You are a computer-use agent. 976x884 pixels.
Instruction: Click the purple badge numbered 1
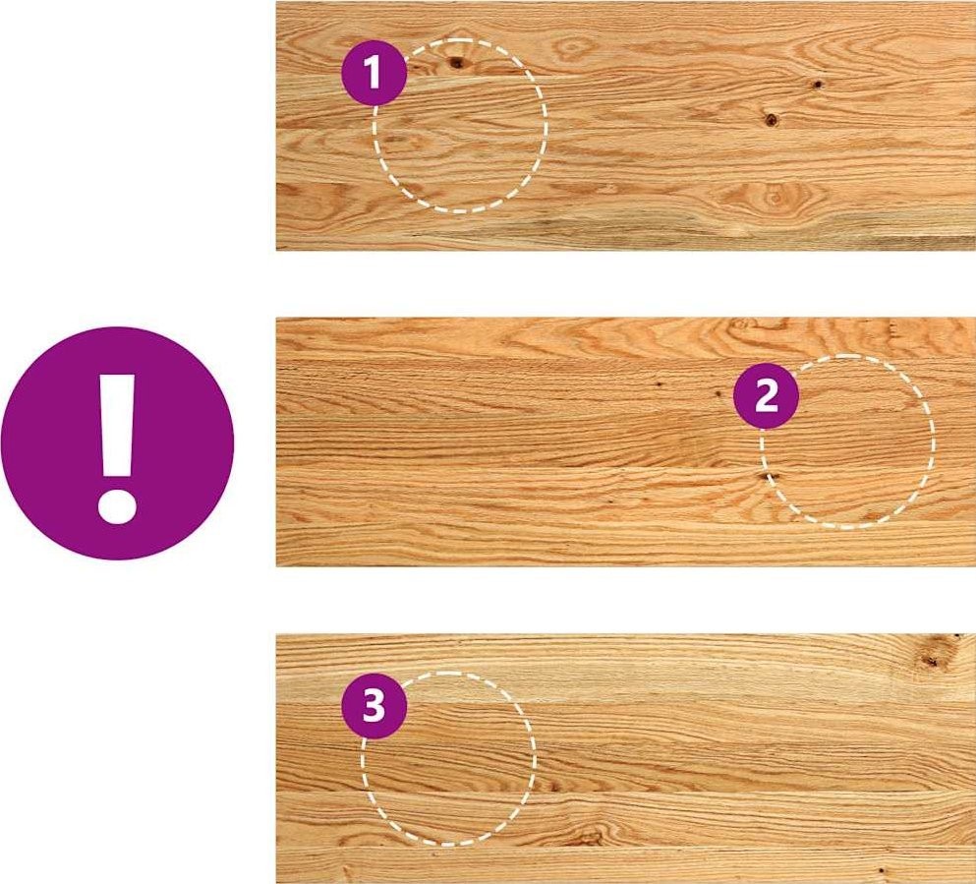pos(374,72)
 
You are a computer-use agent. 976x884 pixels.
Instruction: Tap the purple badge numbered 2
pos(767,396)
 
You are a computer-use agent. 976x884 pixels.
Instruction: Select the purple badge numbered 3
pos(374,706)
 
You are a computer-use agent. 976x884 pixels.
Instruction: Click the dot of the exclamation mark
pos(117,504)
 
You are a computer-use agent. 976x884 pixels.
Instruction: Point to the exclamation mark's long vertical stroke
pos(117,426)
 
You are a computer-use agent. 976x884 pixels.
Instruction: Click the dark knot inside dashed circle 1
pos(457,62)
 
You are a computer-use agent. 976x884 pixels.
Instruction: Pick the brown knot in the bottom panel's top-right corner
pos(932,659)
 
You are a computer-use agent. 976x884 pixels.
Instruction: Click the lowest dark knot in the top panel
pos(772,119)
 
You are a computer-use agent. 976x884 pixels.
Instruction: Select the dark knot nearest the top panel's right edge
pos(817,84)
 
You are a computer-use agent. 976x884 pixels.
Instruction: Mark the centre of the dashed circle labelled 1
pos(461,126)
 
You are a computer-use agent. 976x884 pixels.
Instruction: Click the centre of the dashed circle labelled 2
pos(847,442)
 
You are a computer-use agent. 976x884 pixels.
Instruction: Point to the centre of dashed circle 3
pos(448,759)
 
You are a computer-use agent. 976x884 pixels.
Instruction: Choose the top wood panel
pos(625,126)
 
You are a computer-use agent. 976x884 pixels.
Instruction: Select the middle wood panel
pos(625,442)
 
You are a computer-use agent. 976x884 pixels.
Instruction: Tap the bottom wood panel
pos(625,759)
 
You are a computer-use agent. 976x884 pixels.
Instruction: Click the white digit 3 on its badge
pos(374,707)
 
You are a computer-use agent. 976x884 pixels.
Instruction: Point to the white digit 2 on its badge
pos(767,396)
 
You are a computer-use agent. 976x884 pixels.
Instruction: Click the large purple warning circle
pos(117,442)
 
